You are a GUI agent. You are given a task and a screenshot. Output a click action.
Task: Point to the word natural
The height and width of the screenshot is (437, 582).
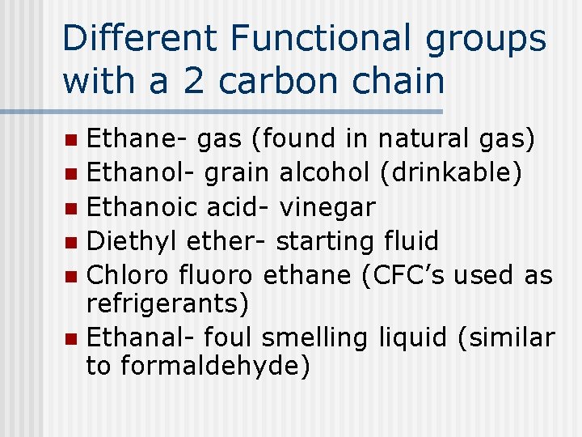[x=423, y=139]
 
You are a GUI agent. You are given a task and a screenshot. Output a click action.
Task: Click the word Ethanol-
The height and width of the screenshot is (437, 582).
[x=141, y=173]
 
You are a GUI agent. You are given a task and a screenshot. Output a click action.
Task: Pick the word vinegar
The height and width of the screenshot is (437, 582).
[x=327, y=208]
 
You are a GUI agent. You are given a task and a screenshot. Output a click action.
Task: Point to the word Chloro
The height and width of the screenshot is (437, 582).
[x=125, y=275]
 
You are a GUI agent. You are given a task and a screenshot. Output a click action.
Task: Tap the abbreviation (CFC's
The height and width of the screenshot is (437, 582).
[x=399, y=275]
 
